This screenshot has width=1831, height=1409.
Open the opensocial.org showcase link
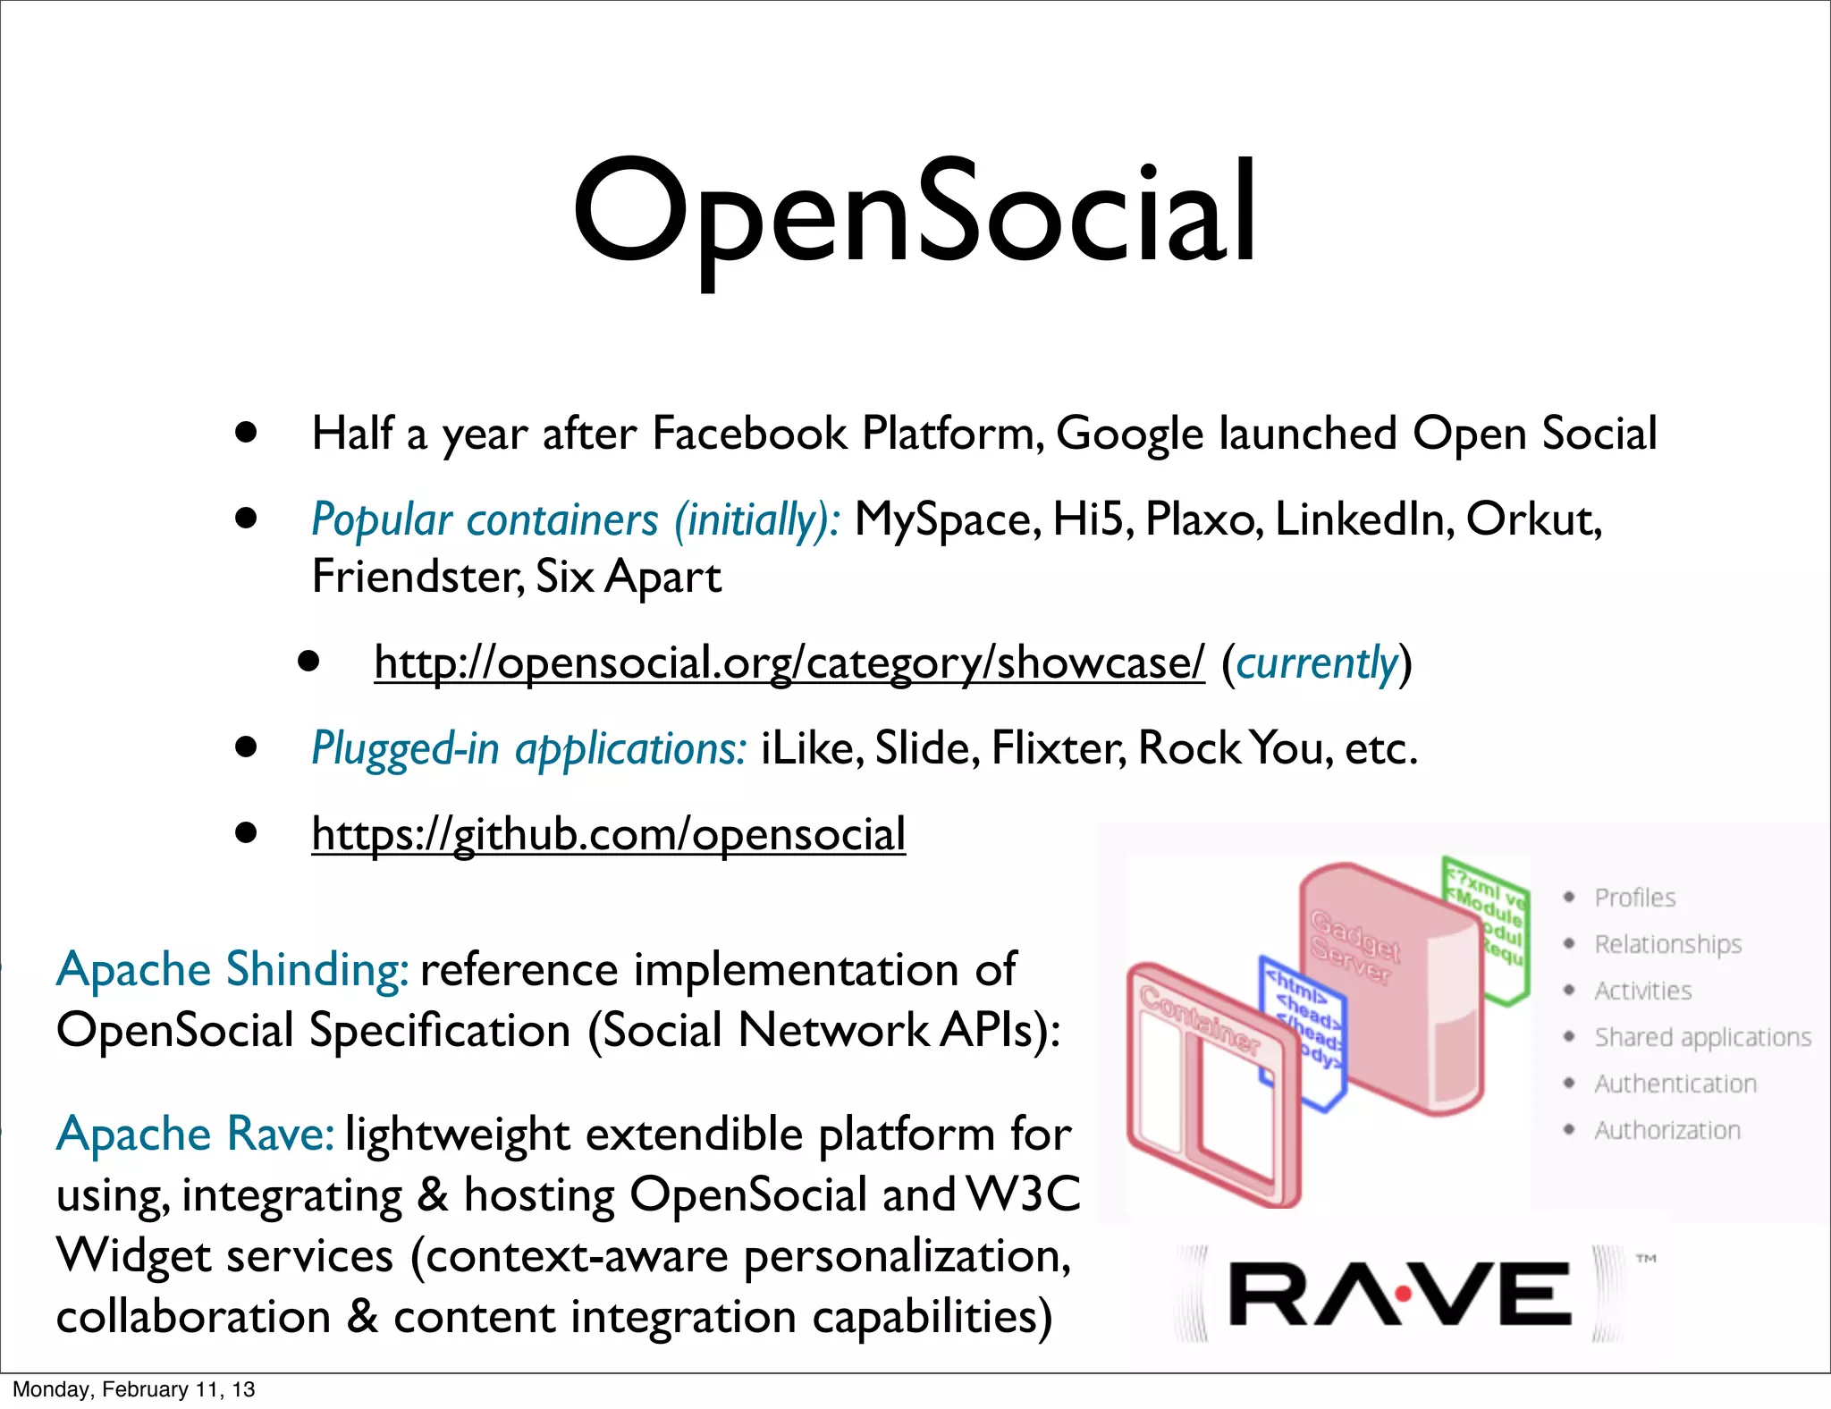coord(789,662)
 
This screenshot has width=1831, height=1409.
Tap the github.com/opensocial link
coord(608,834)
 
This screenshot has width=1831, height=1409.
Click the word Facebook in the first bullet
coord(749,434)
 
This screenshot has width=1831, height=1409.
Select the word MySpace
coord(947,519)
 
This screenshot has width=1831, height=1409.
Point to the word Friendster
coord(417,577)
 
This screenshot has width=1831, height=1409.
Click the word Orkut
coord(1531,519)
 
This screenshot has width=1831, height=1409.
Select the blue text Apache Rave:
coord(195,1135)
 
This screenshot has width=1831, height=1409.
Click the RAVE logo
coord(1400,1293)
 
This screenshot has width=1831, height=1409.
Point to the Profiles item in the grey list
coord(1634,898)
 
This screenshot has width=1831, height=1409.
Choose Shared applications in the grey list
coord(1702,1037)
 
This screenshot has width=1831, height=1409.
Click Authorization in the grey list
coord(1667,1130)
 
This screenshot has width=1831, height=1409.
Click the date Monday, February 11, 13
coord(134,1389)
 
